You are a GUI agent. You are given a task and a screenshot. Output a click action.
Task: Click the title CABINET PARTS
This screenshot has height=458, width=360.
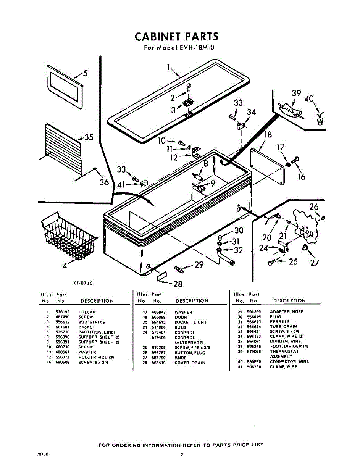(x=176, y=37)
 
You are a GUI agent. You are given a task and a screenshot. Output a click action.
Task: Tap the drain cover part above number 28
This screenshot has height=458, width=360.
(x=161, y=276)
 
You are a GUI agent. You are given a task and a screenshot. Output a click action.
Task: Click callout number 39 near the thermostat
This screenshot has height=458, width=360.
(x=297, y=94)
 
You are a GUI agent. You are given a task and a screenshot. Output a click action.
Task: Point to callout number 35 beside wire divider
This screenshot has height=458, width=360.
(x=89, y=137)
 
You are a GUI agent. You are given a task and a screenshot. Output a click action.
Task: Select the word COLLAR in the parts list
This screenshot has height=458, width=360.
(x=87, y=312)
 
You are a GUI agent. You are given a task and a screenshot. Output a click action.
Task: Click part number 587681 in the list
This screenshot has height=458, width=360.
(x=61, y=327)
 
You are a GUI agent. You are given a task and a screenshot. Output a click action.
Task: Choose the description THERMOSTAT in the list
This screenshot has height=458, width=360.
(x=284, y=351)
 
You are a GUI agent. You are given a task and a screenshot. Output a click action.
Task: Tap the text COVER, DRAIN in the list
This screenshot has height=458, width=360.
(x=190, y=363)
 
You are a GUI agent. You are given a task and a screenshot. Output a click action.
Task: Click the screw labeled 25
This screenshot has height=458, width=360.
(x=273, y=262)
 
